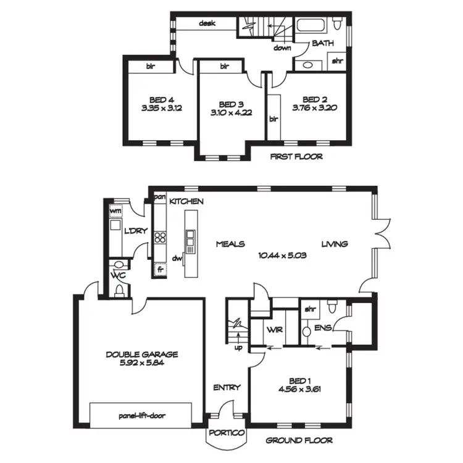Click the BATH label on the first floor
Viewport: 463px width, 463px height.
tap(322, 43)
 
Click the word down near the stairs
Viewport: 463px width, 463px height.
tap(283, 48)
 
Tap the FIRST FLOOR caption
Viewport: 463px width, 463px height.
tap(296, 157)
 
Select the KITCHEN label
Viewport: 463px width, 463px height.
tap(186, 202)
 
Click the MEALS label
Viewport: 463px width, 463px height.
tap(230, 244)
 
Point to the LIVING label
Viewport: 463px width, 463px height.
tap(334, 244)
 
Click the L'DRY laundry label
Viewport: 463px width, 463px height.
tap(134, 231)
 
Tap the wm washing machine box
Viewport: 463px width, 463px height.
tap(115, 211)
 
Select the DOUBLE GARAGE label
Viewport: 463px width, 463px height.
tap(141, 354)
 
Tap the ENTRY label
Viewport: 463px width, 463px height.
tap(227, 388)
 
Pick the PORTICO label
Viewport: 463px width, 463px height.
tap(227, 433)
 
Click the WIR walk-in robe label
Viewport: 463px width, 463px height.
tap(275, 330)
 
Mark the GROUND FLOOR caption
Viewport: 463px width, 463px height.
tap(299, 441)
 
